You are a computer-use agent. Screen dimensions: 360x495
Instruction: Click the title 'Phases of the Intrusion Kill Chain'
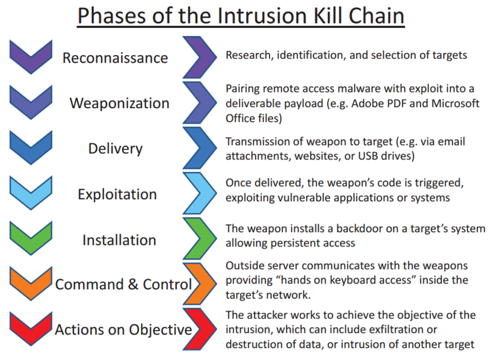[241, 15]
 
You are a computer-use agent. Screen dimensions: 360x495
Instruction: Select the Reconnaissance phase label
[115, 58]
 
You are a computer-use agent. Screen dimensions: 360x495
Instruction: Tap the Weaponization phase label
[119, 103]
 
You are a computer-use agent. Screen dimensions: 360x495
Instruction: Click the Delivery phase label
[115, 148]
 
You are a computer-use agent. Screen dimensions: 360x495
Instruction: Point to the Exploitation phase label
[117, 194]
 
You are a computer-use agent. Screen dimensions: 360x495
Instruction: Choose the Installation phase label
[119, 240]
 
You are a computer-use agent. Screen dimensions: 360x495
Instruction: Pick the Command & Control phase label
[123, 285]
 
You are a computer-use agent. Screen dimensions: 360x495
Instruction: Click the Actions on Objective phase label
[123, 330]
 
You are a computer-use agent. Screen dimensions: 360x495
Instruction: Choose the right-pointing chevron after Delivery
[200, 148]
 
